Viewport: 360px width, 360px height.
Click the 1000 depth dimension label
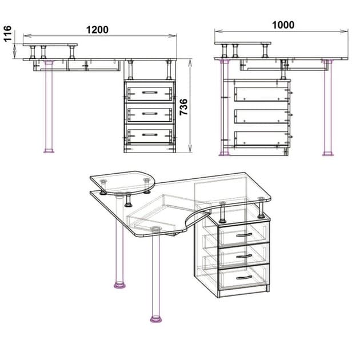(283, 25)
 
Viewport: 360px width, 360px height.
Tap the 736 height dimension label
(184, 107)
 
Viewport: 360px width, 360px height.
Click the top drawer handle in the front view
(150, 91)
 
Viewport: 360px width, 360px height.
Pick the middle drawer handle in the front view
(150, 113)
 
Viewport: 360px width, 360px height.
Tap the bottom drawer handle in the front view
(150, 134)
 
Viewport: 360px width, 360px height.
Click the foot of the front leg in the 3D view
(155, 318)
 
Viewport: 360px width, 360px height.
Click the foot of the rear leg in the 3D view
(119, 284)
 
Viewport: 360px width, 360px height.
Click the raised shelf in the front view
(50, 45)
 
